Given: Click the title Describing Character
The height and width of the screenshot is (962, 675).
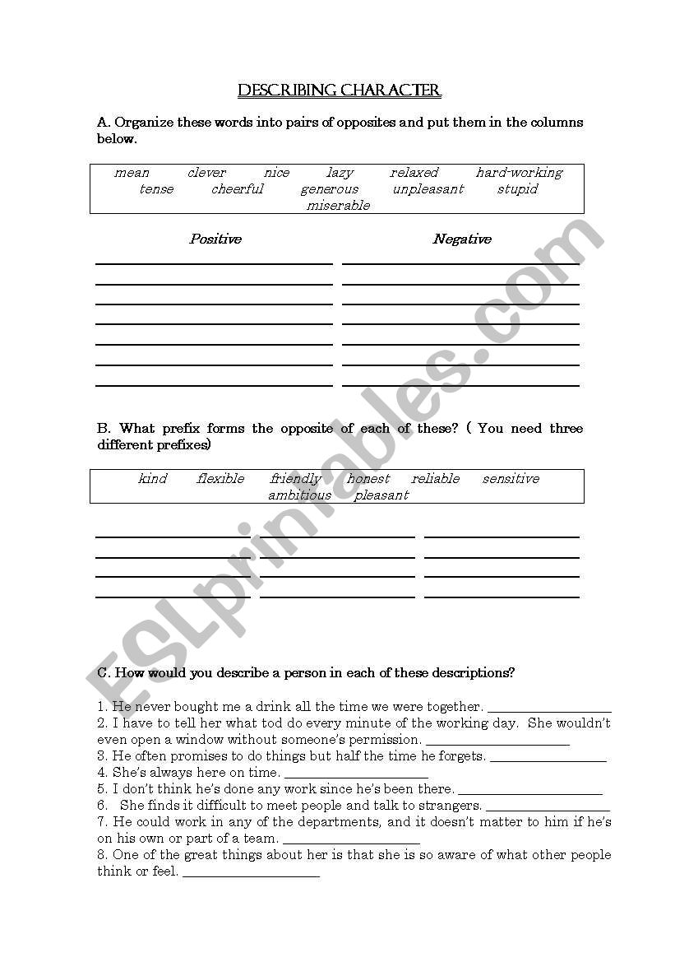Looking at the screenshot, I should [339, 91].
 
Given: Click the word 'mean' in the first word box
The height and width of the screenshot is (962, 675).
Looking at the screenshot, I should [132, 173].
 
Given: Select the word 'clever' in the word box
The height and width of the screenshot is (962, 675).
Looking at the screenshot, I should [206, 173].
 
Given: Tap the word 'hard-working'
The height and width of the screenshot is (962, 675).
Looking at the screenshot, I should [519, 173].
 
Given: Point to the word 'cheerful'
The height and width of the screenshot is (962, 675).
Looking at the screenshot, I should [238, 189].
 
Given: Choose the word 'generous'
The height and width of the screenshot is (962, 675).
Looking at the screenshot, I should [329, 189].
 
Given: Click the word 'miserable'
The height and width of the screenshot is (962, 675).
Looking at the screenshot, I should [338, 206].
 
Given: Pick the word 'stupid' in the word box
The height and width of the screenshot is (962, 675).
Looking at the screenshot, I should [517, 189].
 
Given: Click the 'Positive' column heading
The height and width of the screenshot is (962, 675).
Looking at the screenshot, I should [215, 239].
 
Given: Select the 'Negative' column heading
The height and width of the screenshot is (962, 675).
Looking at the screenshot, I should [462, 239].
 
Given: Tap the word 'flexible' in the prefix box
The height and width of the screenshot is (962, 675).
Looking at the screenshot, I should [220, 479].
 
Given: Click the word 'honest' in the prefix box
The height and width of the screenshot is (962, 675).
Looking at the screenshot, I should [368, 479].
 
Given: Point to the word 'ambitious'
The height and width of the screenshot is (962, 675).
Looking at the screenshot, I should [299, 495].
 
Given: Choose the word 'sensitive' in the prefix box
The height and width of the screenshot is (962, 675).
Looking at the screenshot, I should [511, 479].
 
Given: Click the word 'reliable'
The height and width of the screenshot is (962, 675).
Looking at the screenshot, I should [436, 479].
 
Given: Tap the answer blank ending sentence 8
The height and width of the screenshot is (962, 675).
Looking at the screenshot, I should [251, 873].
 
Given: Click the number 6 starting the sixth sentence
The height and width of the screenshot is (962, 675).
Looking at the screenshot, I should [101, 806].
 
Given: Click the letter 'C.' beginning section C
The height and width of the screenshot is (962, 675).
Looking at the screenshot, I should [104, 673].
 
